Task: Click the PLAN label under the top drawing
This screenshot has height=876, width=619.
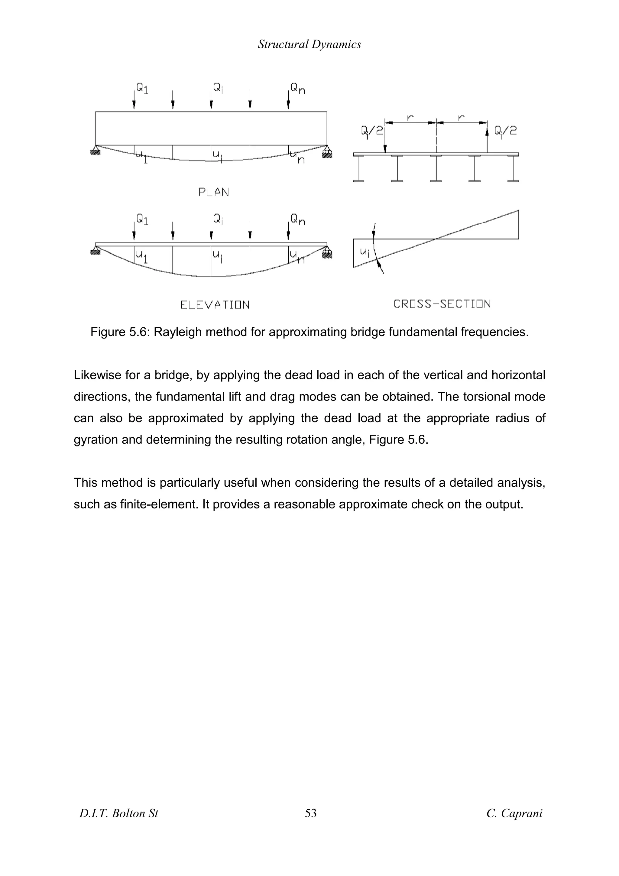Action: pos(214,192)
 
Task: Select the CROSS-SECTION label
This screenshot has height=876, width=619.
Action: pos(442,304)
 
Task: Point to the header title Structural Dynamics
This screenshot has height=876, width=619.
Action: pos(309,44)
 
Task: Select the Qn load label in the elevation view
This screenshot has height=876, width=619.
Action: pos(297,219)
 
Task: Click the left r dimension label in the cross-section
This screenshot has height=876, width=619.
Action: pos(410,118)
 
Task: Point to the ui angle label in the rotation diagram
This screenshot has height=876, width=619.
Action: pos(365,251)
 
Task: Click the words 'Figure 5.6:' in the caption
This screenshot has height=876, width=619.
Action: pos(120,332)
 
